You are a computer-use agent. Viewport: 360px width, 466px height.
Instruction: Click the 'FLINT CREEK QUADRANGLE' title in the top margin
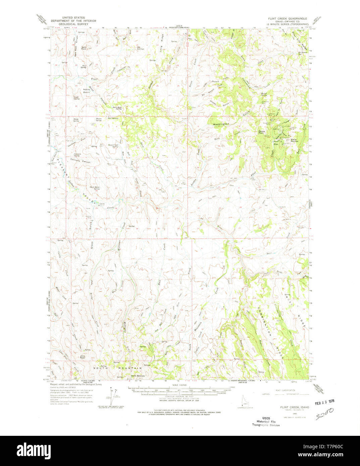(288, 18)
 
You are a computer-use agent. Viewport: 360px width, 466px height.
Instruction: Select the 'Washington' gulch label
(221, 124)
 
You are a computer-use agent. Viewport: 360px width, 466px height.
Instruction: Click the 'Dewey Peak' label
(262, 132)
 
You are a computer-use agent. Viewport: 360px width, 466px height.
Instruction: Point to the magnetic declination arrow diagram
(112, 396)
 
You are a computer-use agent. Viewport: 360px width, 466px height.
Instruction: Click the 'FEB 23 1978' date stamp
(322, 401)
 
